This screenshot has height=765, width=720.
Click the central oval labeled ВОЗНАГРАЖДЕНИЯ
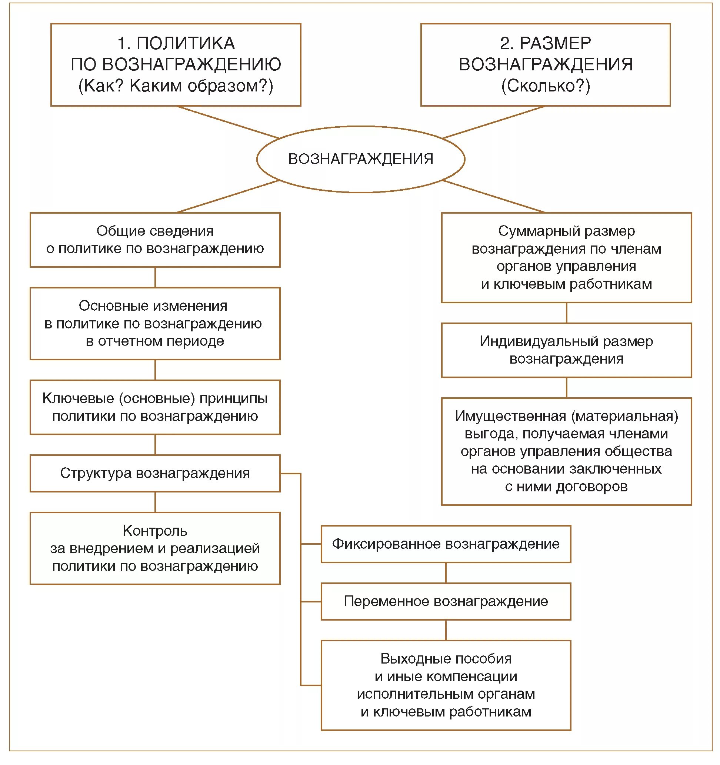[x=361, y=159]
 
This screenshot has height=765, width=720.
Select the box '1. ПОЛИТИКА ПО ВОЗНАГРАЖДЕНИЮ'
[x=176, y=65]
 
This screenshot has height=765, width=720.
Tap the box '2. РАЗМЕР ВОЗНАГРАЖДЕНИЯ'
[x=545, y=65]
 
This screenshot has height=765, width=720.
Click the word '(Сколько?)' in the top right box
[x=545, y=86]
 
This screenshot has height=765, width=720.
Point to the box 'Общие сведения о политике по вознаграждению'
[x=155, y=240]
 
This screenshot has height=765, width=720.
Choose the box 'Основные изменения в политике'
[x=155, y=323]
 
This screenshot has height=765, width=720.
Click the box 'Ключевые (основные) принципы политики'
[x=155, y=407]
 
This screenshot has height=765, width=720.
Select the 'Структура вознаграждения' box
[x=155, y=473]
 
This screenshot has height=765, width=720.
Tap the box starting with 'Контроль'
[x=155, y=548]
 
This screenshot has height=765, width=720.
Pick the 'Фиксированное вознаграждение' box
[x=446, y=544]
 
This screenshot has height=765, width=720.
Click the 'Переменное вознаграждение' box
[x=446, y=601]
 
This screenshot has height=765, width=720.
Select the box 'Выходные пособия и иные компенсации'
[x=446, y=685]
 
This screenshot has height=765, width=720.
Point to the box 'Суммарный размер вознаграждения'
[x=566, y=257]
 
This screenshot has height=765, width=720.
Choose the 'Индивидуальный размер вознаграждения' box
[x=566, y=350]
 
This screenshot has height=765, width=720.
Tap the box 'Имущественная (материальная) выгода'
[x=566, y=451]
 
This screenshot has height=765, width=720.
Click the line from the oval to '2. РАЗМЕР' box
[x=494, y=122]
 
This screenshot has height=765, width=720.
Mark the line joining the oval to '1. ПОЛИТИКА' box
[x=228, y=122]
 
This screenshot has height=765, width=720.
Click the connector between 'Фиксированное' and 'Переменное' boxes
[x=446, y=572]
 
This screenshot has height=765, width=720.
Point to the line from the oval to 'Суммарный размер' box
[x=494, y=196]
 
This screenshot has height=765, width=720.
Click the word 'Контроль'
[x=155, y=531]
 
